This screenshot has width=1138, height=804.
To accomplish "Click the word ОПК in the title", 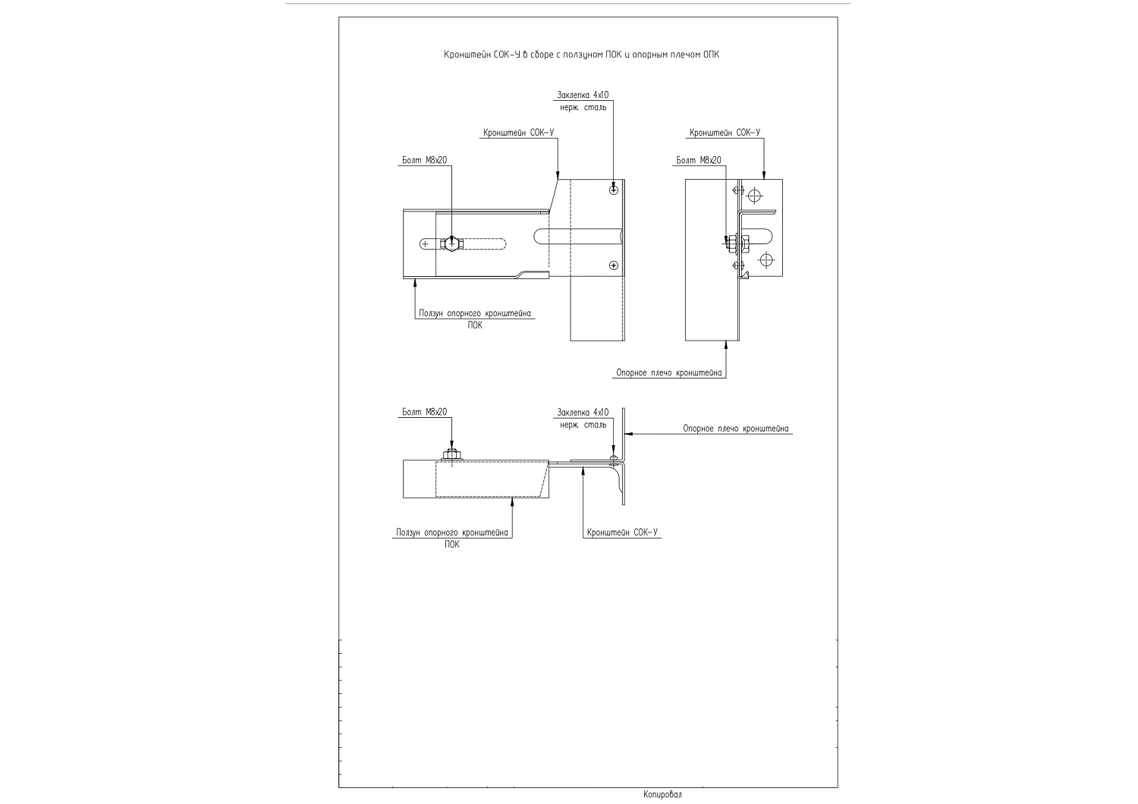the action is (x=712, y=55).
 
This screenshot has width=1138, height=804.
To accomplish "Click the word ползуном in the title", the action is (x=579, y=55).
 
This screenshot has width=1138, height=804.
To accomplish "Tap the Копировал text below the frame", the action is (x=662, y=794).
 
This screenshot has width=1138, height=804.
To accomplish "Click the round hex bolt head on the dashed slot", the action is (x=451, y=243).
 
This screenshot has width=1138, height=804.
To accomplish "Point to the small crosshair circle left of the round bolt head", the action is (x=425, y=244).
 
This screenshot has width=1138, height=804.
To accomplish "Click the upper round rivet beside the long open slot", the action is (x=614, y=190).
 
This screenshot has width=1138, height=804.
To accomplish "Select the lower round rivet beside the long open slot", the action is (x=614, y=265).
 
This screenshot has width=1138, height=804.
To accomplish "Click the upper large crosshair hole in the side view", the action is (x=755, y=195).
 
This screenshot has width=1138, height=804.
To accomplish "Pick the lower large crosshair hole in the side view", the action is (x=766, y=260).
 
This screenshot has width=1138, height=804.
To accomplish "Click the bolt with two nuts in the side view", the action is (x=734, y=243).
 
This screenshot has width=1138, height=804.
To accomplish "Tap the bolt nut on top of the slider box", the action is (x=451, y=454).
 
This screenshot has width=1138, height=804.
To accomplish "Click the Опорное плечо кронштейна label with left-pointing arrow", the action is (x=736, y=429).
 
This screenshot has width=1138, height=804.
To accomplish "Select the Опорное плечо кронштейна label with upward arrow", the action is (x=668, y=372).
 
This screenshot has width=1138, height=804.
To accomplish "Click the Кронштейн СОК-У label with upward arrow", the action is (x=622, y=532).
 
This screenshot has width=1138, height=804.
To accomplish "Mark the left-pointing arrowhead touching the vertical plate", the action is (x=629, y=434).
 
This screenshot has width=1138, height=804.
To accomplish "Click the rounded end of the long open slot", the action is (x=537, y=236).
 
